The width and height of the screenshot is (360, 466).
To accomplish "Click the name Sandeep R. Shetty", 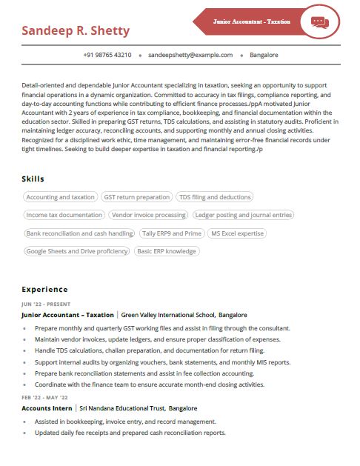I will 76,30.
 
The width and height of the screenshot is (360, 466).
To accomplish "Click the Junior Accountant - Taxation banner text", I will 251,21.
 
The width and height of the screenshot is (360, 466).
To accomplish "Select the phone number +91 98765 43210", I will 107,55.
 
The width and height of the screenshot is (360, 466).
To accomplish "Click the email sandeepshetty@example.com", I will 190,55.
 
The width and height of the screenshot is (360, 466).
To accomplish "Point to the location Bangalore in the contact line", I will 264,55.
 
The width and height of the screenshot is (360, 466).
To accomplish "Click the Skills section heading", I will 33,179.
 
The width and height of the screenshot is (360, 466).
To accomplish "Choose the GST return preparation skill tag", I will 137,197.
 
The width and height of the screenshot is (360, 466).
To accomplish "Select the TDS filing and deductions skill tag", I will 215,197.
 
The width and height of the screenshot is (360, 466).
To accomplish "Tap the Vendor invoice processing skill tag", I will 149,215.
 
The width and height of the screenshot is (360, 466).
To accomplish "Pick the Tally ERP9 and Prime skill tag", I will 172,233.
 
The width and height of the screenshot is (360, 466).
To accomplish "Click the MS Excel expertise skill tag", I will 237,233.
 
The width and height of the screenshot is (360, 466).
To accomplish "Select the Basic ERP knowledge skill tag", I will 167,251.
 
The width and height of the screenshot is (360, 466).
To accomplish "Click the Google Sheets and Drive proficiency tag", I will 77,251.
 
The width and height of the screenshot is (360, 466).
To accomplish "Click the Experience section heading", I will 44,289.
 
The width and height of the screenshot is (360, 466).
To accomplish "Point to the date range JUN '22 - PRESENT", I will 46,304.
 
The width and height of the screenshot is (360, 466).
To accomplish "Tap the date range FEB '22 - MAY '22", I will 50,398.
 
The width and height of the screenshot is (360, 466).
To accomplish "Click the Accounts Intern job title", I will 47,408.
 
